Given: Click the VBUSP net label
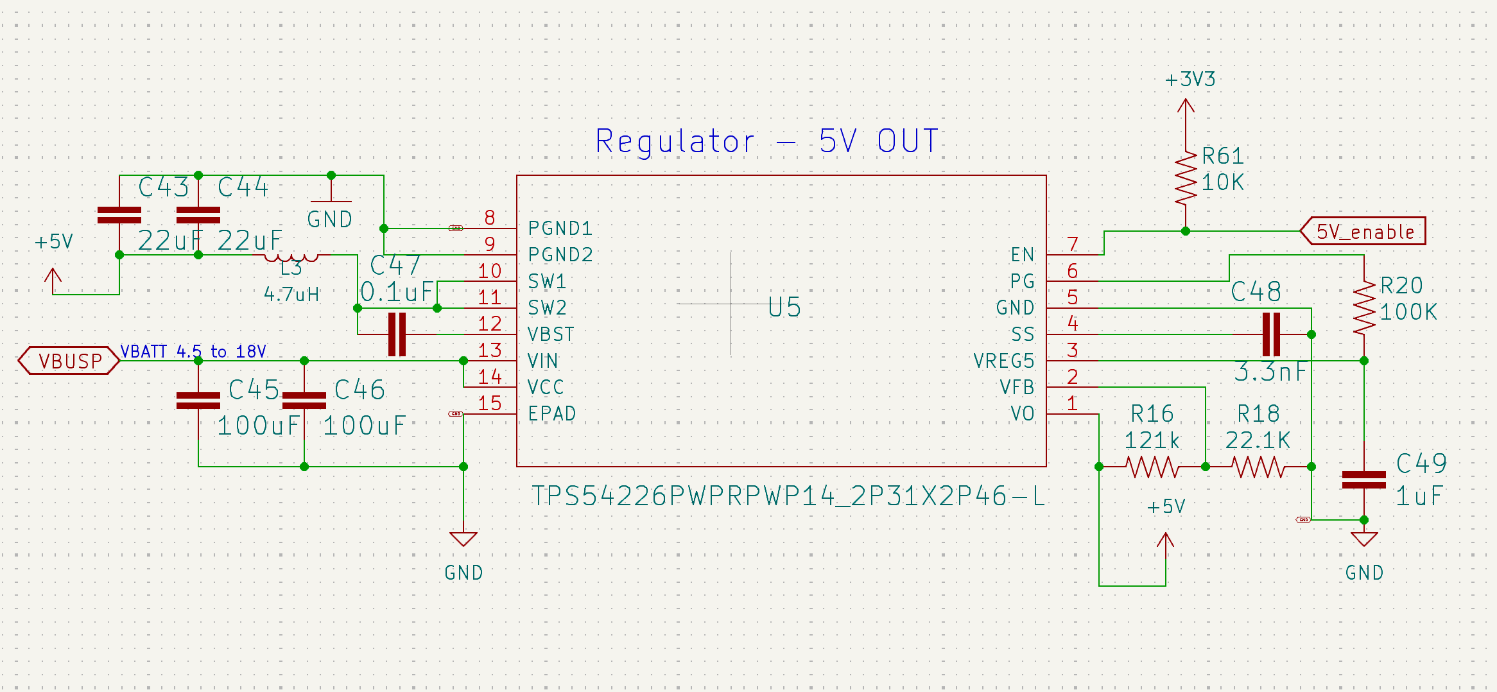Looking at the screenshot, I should (x=69, y=361).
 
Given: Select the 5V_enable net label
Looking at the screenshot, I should (x=1364, y=231).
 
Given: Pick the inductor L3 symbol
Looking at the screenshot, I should (x=291, y=257).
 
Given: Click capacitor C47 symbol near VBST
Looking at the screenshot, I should (x=397, y=334).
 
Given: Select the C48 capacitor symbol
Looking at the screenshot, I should (x=1271, y=334).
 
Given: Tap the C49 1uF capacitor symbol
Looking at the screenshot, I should (x=1363, y=480).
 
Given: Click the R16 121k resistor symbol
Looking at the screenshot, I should (x=1152, y=467).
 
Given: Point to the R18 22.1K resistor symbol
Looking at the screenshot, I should (x=1258, y=467).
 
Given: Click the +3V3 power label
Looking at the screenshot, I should (x=1190, y=80).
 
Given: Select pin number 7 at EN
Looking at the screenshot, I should (x=1073, y=245).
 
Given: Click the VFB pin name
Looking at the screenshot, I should (x=1017, y=387).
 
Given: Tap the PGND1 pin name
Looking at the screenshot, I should (x=560, y=229).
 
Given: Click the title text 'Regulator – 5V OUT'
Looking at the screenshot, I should (x=766, y=141).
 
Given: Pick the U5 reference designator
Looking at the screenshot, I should (x=784, y=307).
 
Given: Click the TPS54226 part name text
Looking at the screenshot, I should (x=788, y=496).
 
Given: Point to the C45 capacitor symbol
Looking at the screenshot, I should (x=198, y=401).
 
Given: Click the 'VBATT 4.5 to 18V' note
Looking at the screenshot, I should (x=193, y=351).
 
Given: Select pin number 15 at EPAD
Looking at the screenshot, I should (x=490, y=403).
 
